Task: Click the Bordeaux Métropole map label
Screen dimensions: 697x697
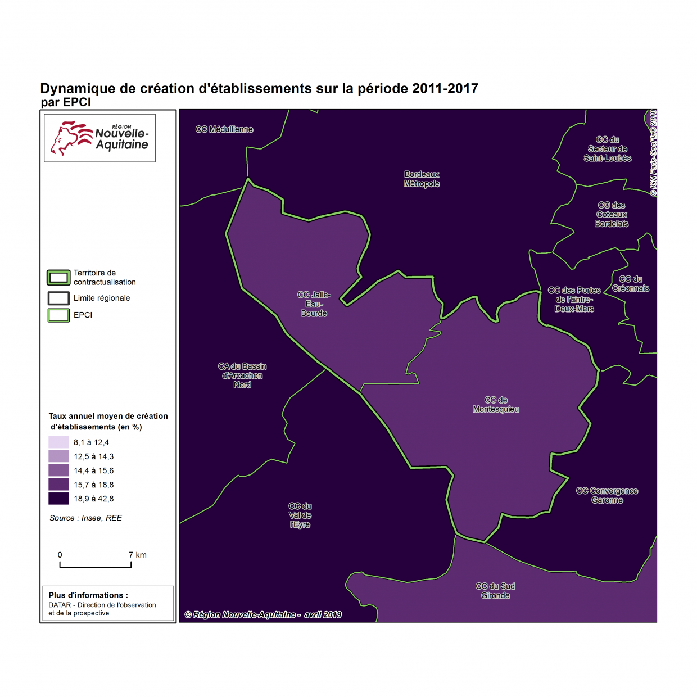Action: pyautogui.click(x=422, y=179)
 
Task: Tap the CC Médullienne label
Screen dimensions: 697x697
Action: pyautogui.click(x=224, y=129)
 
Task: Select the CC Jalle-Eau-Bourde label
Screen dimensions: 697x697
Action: pyautogui.click(x=314, y=304)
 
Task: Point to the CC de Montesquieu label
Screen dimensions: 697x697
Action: pyautogui.click(x=496, y=405)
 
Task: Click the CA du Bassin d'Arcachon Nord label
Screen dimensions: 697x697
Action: pyautogui.click(x=242, y=375)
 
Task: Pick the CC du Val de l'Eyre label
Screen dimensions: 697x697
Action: pyautogui.click(x=300, y=515)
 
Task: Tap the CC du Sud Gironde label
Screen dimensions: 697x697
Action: pyautogui.click(x=495, y=591)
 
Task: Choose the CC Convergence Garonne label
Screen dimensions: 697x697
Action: pyautogui.click(x=607, y=495)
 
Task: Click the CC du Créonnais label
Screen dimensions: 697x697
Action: pyautogui.click(x=631, y=284)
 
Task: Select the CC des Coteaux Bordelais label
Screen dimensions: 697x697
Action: pyautogui.click(x=612, y=214)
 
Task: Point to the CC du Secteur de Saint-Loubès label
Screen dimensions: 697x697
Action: pyautogui.click(x=608, y=149)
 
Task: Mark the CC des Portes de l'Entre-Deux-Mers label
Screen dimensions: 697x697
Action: pyautogui.click(x=574, y=300)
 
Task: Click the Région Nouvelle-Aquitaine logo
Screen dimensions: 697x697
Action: pyautogui.click(x=100, y=138)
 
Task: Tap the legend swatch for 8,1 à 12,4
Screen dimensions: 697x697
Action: pyautogui.click(x=58, y=442)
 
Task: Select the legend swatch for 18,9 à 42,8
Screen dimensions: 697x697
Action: pyautogui.click(x=58, y=499)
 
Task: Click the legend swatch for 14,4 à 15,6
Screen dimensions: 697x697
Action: pyautogui.click(x=58, y=470)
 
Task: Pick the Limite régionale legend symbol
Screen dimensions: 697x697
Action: pyautogui.click(x=58, y=298)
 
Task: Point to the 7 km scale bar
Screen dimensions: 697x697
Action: pyautogui.click(x=96, y=564)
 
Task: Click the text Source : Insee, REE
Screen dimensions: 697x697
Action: pyautogui.click(x=85, y=518)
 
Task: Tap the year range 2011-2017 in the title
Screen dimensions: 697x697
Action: pyautogui.click(x=445, y=89)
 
